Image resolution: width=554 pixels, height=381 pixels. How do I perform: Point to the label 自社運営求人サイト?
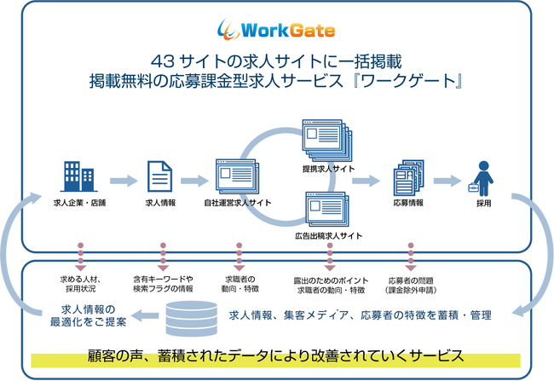238,205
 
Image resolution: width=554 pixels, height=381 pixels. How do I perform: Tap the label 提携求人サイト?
328,170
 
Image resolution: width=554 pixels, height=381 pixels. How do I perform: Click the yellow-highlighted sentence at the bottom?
275,354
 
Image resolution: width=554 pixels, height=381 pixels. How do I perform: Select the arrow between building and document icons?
119,180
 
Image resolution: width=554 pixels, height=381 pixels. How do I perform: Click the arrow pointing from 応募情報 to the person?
446,180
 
